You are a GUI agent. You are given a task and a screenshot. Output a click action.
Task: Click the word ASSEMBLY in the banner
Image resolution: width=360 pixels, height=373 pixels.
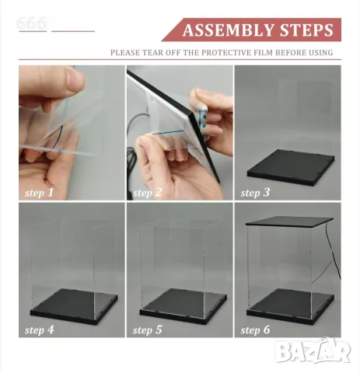(229, 30)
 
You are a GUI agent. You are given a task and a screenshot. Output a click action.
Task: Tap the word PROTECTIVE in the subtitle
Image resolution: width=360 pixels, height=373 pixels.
(237, 53)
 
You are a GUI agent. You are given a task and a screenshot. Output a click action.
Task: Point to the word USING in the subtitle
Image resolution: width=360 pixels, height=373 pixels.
(321, 53)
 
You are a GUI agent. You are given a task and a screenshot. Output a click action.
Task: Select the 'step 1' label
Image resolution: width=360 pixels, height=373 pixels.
(39, 193)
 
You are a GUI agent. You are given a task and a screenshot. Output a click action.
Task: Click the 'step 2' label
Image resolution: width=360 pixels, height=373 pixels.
(147, 193)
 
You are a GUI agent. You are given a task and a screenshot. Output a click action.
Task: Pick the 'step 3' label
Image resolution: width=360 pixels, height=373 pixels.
(255, 193)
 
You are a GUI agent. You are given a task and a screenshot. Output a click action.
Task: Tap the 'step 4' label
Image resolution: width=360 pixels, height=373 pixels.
(40, 329)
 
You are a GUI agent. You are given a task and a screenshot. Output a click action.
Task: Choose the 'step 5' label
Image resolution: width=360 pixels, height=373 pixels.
(147, 329)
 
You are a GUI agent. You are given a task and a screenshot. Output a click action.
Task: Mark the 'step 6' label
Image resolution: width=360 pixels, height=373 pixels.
(255, 329)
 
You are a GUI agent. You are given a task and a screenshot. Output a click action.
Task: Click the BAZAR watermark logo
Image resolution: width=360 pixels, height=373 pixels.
(313, 351)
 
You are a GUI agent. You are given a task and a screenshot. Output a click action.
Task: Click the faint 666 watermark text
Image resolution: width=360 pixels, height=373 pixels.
(31, 23)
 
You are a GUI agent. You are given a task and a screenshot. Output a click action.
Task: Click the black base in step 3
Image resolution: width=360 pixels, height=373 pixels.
(291, 167)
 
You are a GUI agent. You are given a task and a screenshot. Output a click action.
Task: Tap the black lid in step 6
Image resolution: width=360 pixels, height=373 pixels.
(289, 222)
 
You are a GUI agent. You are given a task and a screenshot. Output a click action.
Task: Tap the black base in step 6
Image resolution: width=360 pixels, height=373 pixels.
(290, 306)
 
